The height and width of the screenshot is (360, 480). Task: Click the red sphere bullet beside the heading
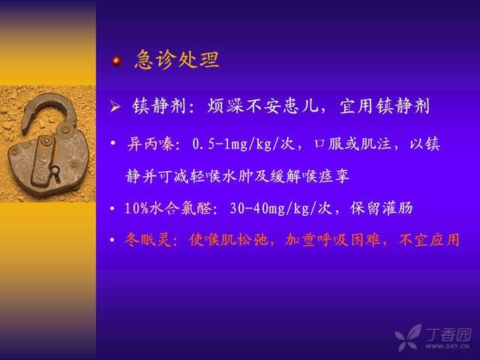[117, 61]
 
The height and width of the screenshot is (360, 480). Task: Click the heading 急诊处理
[177, 59]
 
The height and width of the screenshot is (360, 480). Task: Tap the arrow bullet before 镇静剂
[115, 106]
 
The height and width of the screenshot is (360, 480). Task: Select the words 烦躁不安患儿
[262, 106]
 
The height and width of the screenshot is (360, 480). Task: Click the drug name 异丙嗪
[151, 144]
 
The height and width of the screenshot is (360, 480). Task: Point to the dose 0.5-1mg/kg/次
[244, 144]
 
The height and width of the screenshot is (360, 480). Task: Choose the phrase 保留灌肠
[382, 208]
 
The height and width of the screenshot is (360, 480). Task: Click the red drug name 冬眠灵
[147, 240]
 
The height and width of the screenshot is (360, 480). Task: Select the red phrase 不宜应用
[429, 240]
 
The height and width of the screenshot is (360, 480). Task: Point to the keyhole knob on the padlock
[55, 172]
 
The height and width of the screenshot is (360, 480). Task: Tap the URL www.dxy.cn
[447, 346]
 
